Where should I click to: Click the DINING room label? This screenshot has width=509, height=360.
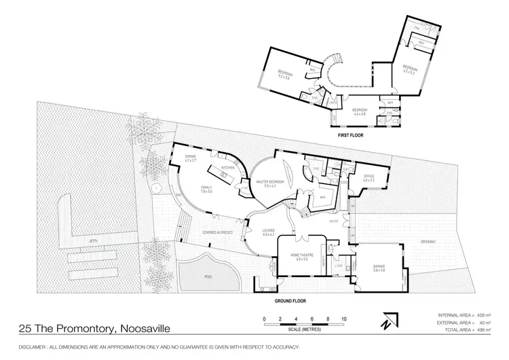pos(190,158)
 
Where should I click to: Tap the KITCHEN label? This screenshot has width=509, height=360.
pos(228,167)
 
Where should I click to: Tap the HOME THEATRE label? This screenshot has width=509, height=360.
pos(301,255)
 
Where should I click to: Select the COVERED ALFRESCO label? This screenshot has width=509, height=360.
pos(218,232)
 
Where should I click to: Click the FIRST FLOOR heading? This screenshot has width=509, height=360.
pos(351,135)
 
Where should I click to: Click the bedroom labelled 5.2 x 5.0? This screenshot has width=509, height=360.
pos(284,75)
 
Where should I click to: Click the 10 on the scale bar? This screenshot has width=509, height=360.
pos(344,318)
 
